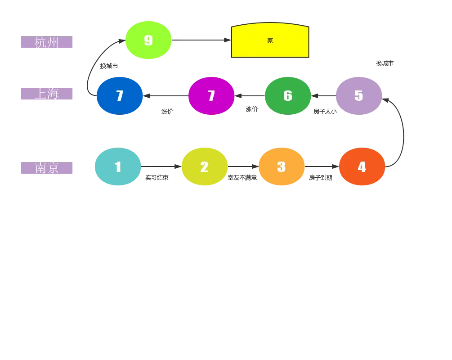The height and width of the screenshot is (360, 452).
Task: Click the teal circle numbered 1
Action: click(x=118, y=167)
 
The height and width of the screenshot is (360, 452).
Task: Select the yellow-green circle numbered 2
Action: click(x=204, y=167)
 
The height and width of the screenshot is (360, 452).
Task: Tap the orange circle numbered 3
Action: click(x=282, y=167)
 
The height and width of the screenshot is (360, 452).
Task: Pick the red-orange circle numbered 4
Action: click(x=362, y=167)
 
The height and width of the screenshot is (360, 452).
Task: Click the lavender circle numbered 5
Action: click(x=358, y=95)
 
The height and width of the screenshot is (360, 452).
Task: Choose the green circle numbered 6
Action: click(x=288, y=95)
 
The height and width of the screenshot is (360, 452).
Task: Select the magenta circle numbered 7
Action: click(x=211, y=95)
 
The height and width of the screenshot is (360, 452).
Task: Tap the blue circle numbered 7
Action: click(x=120, y=95)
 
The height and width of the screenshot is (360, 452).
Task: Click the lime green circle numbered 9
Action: click(x=148, y=40)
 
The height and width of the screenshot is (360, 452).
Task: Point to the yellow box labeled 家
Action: click(x=270, y=40)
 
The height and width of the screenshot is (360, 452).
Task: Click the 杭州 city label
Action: click(x=47, y=43)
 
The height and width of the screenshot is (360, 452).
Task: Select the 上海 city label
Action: click(x=47, y=94)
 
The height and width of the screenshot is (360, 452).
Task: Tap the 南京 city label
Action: click(x=47, y=169)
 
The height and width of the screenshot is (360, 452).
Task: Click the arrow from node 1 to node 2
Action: click(x=161, y=167)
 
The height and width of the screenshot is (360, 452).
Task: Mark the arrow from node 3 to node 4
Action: click(x=322, y=167)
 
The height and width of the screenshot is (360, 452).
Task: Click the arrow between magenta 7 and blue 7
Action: click(x=165, y=95)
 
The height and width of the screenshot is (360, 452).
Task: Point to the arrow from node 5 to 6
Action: click(x=323, y=95)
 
